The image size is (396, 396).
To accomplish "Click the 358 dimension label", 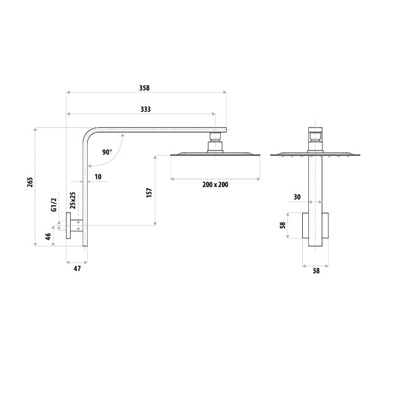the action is pos(144,88).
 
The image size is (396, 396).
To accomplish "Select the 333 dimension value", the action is pos(146,109).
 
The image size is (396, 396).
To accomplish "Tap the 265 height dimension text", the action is pos(30,182).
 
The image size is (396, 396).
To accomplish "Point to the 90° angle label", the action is pos(107,152).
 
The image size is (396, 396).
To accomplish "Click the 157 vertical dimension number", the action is pos(149,193).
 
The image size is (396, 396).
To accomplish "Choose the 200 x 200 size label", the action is pos(215,185).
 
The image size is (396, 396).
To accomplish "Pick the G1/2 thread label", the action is pos(54,204).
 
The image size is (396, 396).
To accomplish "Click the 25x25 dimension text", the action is pos(72,200).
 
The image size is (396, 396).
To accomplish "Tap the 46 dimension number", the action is pos(48,236).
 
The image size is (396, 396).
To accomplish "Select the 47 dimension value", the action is pos(77,269).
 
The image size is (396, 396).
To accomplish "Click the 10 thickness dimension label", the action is pos(98,177).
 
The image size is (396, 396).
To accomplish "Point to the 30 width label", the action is pos(297,197).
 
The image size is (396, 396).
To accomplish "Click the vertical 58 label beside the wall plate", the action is pos(283,225).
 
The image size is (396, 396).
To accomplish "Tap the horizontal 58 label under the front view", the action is pos(316,270).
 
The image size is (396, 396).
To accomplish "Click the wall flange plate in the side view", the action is pos(68,225).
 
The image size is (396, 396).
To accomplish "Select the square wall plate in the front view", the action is pos(316,225).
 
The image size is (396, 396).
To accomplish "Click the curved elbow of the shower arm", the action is pos(90,136).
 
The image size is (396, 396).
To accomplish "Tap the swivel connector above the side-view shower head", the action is pos(215,143).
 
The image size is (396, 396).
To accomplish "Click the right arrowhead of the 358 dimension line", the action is pos(225,93).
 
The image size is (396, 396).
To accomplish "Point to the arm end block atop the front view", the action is pos(315,130).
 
